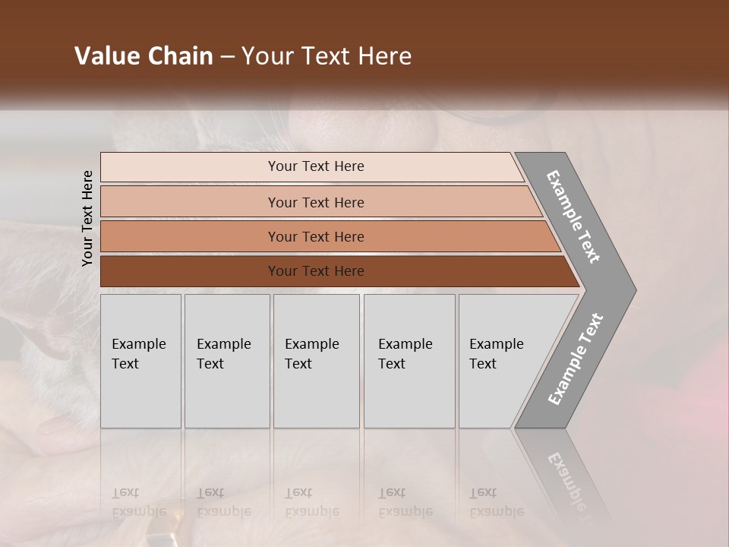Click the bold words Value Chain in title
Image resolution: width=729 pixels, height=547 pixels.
click(x=144, y=56)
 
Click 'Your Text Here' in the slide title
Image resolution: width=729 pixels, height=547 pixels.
click(x=327, y=56)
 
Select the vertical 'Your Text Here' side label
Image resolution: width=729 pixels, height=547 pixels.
click(x=87, y=218)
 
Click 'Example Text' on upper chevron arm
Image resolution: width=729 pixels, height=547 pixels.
click(x=573, y=217)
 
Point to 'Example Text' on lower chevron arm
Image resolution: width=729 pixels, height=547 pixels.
click(x=575, y=359)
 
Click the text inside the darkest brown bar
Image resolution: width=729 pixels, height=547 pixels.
click(x=316, y=271)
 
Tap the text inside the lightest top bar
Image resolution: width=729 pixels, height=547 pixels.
click(x=316, y=166)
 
